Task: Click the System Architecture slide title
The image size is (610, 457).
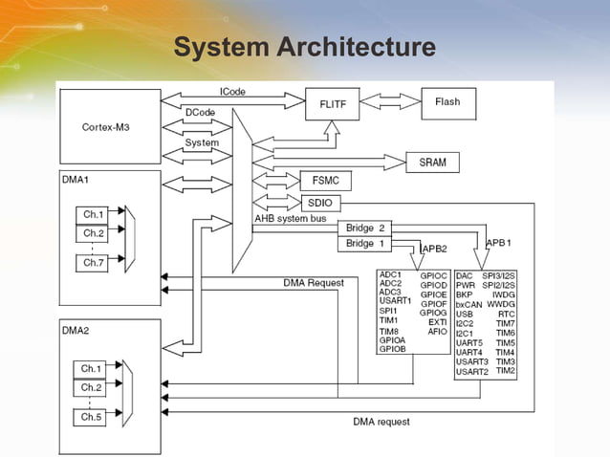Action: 304,47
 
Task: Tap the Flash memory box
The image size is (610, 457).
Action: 447,102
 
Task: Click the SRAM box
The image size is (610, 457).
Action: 432,163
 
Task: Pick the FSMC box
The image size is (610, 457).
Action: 325,181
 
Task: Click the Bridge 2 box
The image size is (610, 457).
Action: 365,228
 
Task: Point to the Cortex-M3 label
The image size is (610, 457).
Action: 106,126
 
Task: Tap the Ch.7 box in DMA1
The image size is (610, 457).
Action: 93,262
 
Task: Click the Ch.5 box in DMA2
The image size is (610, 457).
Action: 92,418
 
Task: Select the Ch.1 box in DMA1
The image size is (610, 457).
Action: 93,214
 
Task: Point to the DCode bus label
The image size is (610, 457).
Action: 200,113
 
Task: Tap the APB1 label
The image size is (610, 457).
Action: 498,243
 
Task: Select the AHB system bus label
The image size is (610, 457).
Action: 290,219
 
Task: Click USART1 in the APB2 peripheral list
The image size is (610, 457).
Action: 395,301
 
